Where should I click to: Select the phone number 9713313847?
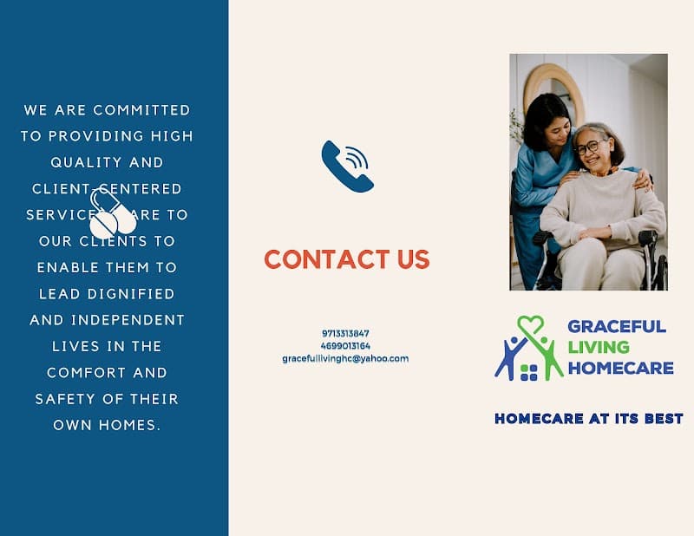pos(345,333)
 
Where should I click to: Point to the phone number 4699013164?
pos(345,345)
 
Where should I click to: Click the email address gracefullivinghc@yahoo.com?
pos(345,358)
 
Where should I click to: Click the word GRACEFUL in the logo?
pos(616,327)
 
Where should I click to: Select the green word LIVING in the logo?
pos(599,347)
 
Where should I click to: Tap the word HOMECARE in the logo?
pos(620,368)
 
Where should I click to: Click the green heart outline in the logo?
pos(530,326)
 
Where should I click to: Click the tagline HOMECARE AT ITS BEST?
pos(588,419)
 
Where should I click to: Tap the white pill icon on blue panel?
pos(112,215)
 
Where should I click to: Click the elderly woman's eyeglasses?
pos(591,146)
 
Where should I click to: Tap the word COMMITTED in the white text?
pos(141,110)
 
